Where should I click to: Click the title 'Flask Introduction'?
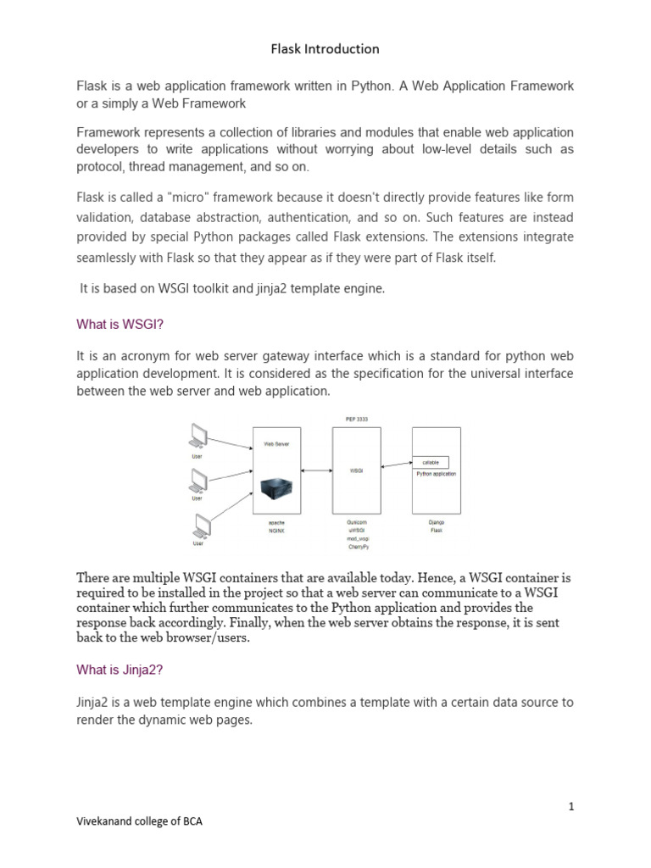(325, 49)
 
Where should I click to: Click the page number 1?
(571, 806)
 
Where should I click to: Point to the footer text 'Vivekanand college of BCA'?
(140, 821)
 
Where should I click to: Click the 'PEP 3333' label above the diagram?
(356, 419)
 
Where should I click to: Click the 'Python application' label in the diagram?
(436, 474)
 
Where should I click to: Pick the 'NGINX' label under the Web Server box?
(277, 531)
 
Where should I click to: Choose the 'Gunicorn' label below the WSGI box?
(356, 523)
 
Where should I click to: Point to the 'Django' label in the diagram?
(436, 523)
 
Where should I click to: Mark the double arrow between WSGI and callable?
(396, 464)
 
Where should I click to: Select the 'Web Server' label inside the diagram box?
(277, 443)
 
